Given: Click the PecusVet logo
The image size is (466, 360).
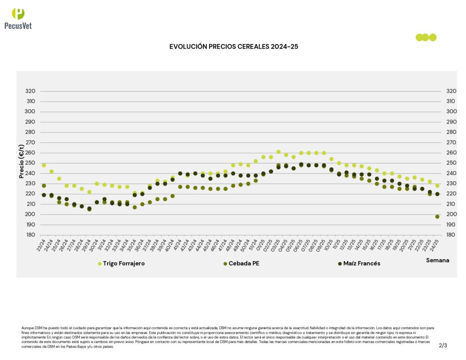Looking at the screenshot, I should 18,18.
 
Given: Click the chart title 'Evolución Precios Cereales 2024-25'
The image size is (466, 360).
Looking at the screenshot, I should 233,46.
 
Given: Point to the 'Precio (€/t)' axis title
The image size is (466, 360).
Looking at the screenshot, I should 21,161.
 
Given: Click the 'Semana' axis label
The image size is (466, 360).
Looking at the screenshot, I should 437,260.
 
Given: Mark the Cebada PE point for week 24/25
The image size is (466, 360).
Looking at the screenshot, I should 437,217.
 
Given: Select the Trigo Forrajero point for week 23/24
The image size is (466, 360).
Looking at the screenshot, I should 44,165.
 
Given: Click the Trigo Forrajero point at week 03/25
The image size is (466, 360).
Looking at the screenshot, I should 279,152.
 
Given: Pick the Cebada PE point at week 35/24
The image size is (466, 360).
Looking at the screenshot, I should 135,208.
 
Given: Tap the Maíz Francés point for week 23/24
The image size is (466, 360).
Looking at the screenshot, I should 44,195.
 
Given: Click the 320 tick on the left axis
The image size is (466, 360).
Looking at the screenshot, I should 31,91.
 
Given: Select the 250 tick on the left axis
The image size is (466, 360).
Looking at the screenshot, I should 31,163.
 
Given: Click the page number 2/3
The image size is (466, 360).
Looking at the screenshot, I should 443,345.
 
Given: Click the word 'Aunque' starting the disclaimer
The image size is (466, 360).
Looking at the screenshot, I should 27,328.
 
